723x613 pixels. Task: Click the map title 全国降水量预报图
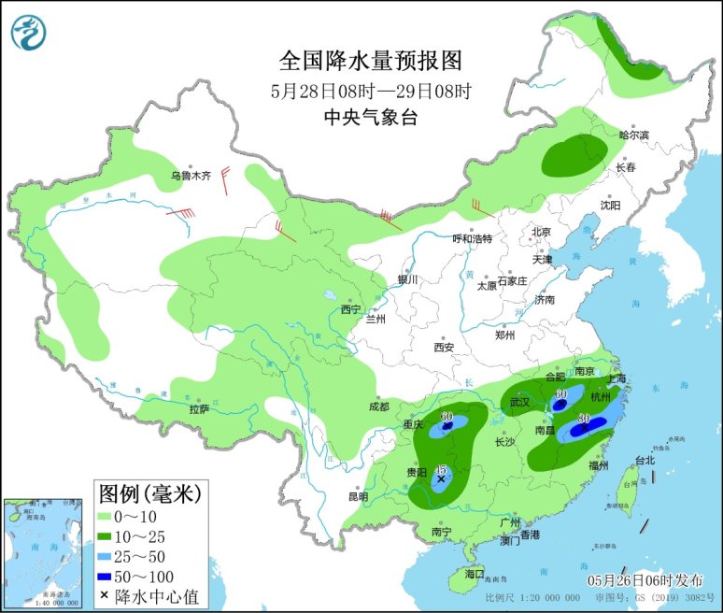click(371, 61)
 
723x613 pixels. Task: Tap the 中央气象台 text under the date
click(371, 117)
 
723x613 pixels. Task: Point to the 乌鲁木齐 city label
click(191, 175)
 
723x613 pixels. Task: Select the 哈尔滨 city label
click(632, 135)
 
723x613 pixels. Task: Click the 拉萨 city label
click(198, 408)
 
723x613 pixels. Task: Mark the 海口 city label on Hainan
click(475, 573)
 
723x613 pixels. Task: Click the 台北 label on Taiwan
click(645, 460)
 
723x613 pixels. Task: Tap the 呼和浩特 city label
click(472, 238)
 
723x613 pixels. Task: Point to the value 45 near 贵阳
click(441, 469)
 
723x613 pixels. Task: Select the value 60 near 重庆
click(447, 415)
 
